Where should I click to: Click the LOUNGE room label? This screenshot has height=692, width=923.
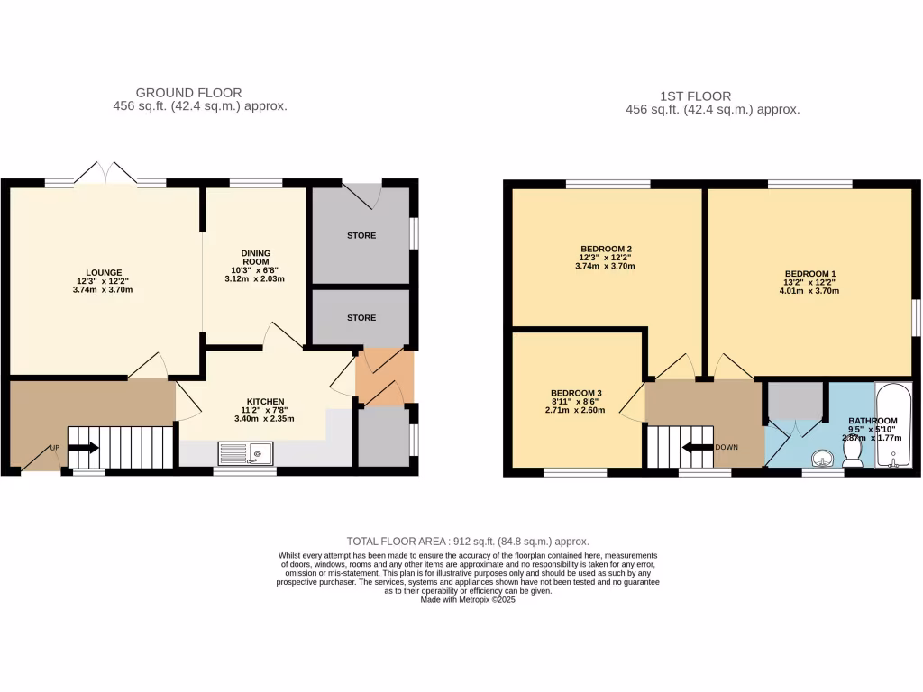point(103,272)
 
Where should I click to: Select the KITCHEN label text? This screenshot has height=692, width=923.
point(266,401)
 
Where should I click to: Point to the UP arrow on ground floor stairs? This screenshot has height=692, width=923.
point(83,447)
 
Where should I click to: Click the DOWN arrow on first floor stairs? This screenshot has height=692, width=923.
point(698,447)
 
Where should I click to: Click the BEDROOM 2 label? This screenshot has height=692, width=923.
point(605,249)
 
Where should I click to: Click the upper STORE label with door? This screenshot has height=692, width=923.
point(361,236)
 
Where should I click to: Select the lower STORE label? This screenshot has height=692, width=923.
point(361,318)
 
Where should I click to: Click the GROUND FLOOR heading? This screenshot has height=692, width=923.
point(188,92)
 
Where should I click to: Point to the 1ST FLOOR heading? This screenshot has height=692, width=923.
point(694,96)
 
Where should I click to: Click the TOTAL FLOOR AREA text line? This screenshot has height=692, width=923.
point(467,542)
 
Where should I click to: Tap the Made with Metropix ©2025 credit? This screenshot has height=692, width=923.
point(467,599)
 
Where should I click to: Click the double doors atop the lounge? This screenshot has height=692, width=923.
point(106,173)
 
